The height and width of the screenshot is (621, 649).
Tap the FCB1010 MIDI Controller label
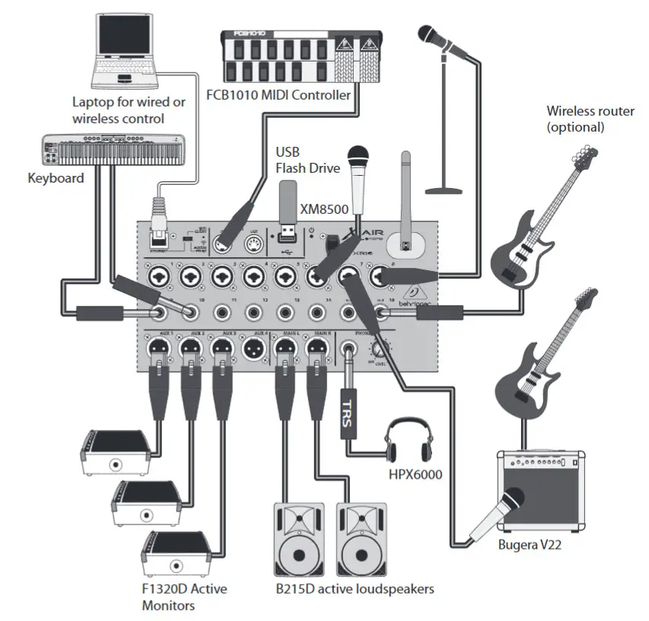[x=278, y=96]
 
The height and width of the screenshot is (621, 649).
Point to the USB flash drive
[x=288, y=205]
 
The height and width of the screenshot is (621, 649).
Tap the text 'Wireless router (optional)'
[x=590, y=119]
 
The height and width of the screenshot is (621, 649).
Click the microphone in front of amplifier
[x=498, y=514]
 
